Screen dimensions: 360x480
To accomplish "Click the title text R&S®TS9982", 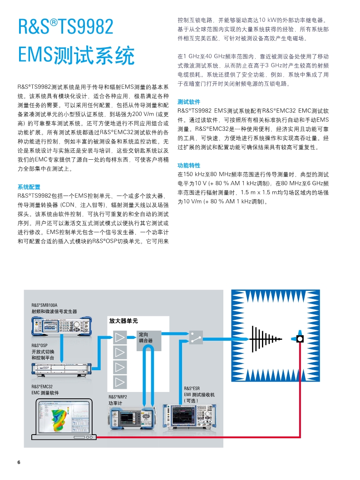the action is click(66, 26).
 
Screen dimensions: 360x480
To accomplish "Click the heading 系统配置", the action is click(29, 187).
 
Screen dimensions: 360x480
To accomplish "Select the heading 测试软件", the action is click(189, 102).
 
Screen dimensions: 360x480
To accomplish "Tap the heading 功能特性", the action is click(189, 166).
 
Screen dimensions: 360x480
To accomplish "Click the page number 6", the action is click(19, 462).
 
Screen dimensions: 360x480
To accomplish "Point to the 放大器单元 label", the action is click(123, 321).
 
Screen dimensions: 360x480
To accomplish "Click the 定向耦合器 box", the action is click(149, 340).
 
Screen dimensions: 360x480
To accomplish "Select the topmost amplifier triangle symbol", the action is click(120, 338).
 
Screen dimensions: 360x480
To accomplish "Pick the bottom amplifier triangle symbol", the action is click(120, 382).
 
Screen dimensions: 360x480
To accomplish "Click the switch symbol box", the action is click(196, 338).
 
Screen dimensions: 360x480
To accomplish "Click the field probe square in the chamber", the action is click(300, 339).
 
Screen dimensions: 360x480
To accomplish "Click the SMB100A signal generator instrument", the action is click(62, 326).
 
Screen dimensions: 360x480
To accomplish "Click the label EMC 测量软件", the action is click(45, 393).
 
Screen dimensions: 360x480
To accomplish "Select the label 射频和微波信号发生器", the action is click(54, 311).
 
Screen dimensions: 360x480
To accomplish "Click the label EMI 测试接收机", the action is click(199, 395).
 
